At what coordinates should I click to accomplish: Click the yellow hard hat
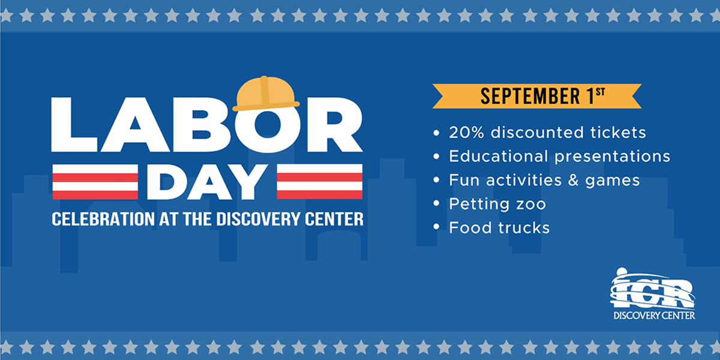coord(266,94)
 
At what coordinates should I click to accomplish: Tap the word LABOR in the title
coord(207,124)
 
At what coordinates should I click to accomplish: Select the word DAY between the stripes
coord(208,182)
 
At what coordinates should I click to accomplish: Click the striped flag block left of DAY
coord(95,182)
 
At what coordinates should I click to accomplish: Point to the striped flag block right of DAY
coord(319,182)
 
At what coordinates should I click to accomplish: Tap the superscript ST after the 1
coord(600,92)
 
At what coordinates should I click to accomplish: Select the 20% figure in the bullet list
coord(466,133)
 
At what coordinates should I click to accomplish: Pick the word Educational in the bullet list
coord(499,156)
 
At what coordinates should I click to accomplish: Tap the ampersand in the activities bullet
coord(573,180)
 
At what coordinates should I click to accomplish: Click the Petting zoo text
coord(497,205)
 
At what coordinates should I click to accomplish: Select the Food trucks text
coord(499,227)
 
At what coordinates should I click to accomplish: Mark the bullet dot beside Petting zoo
coord(436,203)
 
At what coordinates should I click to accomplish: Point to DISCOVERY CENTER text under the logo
coord(654,316)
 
